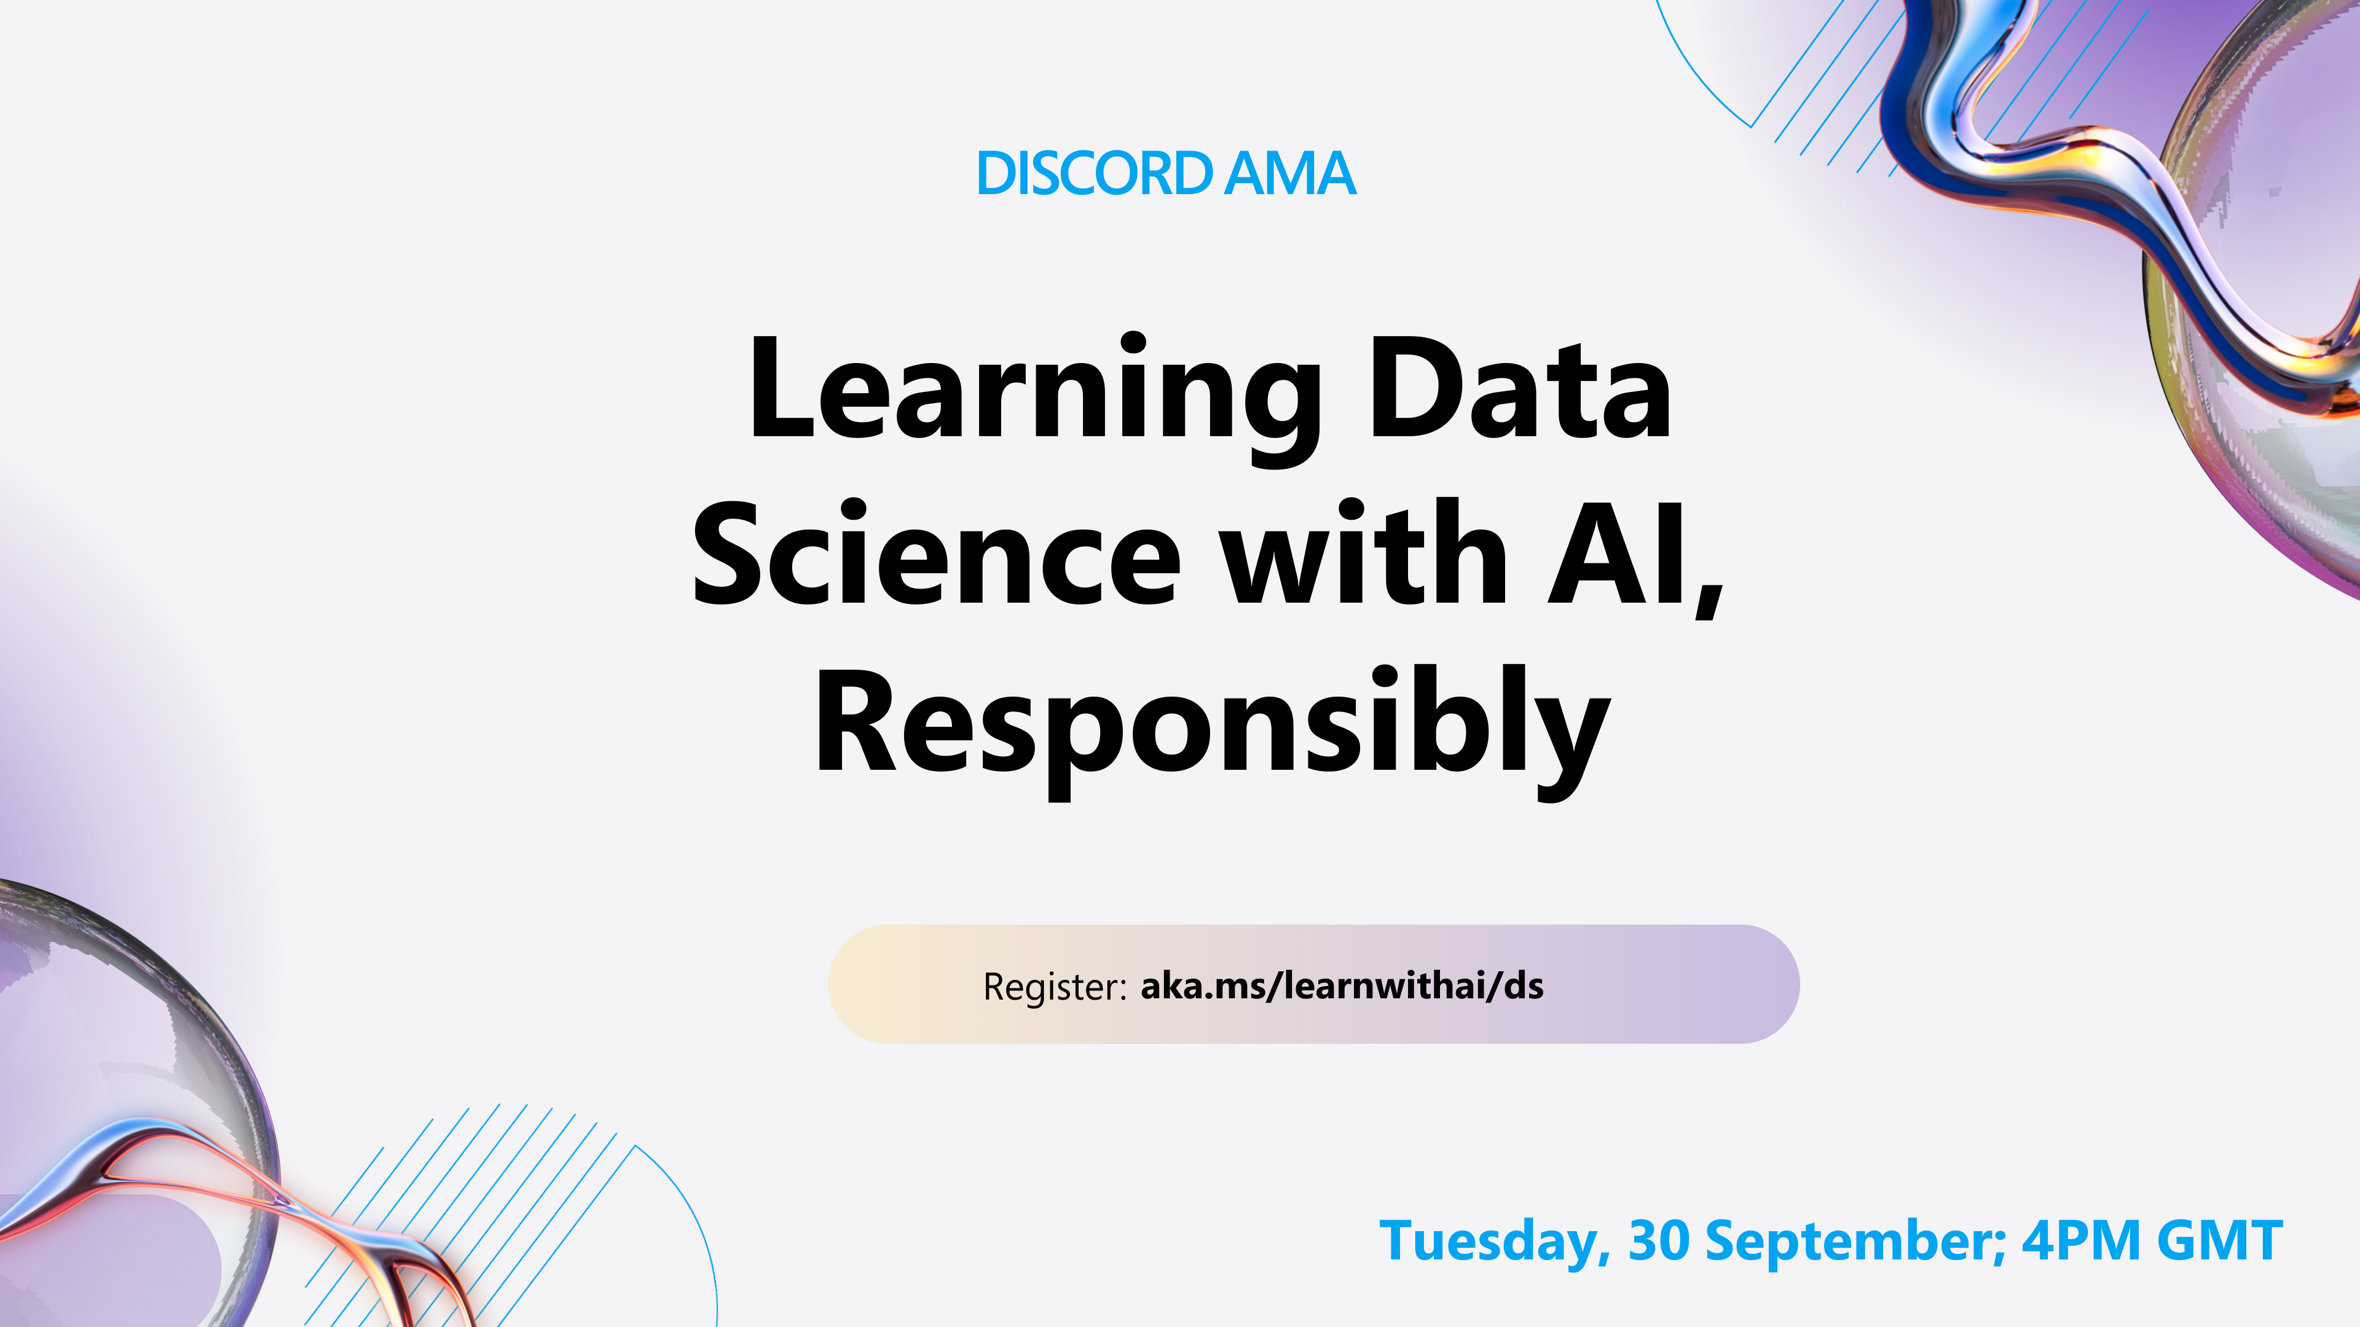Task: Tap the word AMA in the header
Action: pyautogui.click(x=1290, y=173)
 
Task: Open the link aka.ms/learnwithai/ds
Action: pyautogui.click(x=1341, y=985)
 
